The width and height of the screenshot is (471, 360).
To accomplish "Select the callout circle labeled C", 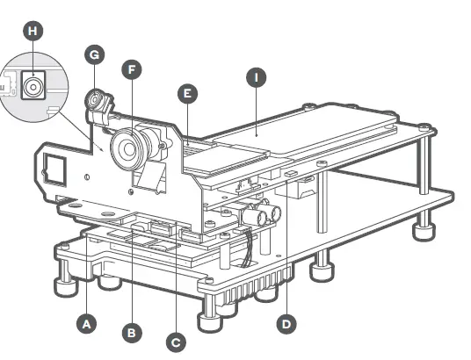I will click(x=177, y=340).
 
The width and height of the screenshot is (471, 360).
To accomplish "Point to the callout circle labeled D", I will click(x=286, y=323).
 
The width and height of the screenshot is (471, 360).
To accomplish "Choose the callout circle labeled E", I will click(x=186, y=92).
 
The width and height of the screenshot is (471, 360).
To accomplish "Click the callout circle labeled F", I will click(x=132, y=67).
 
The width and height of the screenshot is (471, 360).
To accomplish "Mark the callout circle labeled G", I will click(x=95, y=54).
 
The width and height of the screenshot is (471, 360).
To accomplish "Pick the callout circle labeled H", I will click(x=33, y=31).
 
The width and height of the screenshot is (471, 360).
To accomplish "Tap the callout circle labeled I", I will click(x=256, y=78).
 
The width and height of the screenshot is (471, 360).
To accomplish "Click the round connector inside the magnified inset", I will click(x=34, y=87).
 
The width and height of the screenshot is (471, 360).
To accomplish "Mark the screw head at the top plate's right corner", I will click(x=425, y=128).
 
